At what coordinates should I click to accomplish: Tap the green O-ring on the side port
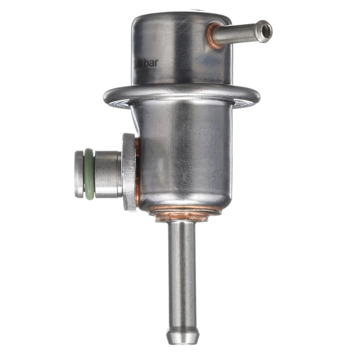pos(88,175)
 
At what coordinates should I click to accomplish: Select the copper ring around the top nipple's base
pos(212,37)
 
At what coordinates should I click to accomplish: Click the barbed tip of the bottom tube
pos(182,334)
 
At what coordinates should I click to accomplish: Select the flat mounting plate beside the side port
pos(128,172)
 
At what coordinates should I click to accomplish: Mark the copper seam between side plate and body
pos(137,174)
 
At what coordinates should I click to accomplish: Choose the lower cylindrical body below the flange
pos(180,156)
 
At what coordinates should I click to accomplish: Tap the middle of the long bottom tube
pos(182,270)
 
